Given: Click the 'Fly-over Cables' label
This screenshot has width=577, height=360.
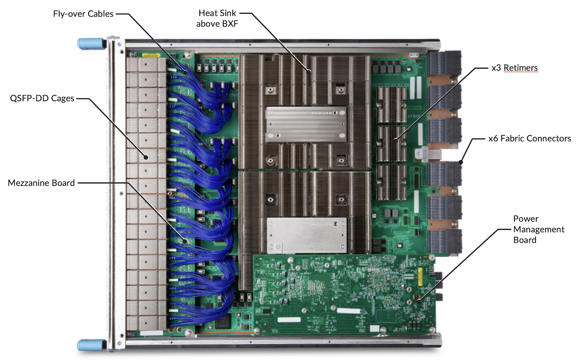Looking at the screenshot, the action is pyautogui.click(x=83, y=14).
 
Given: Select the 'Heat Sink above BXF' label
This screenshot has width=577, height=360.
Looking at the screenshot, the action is pyautogui.click(x=217, y=18).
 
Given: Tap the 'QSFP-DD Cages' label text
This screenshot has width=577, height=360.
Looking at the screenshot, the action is pyautogui.click(x=42, y=98).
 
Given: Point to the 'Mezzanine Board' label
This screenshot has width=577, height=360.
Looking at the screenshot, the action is pyautogui.click(x=41, y=183).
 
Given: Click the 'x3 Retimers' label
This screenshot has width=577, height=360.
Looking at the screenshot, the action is pyautogui.click(x=514, y=68).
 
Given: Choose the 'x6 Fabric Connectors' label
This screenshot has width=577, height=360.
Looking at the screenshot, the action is pyautogui.click(x=529, y=138).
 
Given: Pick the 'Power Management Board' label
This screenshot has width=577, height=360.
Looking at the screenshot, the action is pyautogui.click(x=538, y=229).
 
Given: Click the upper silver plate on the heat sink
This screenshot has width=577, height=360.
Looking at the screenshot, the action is pyautogui.click(x=306, y=124).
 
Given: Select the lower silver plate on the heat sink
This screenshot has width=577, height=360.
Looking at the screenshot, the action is pyautogui.click(x=307, y=235).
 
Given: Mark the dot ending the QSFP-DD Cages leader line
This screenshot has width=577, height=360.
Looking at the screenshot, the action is pyautogui.click(x=146, y=157).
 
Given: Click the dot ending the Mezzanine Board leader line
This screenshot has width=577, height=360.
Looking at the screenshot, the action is pyautogui.click(x=185, y=241).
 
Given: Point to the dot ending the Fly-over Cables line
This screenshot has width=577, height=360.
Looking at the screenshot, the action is pyautogui.click(x=185, y=73).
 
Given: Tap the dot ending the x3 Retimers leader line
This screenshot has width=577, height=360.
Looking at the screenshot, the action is pyautogui.click(x=396, y=140).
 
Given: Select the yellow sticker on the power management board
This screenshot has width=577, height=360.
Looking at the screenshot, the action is pyautogui.click(x=420, y=276).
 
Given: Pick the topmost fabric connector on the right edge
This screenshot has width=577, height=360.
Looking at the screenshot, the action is pyautogui.click(x=444, y=63).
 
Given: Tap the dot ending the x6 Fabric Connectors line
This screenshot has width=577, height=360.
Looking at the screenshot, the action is pyautogui.click(x=461, y=163).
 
